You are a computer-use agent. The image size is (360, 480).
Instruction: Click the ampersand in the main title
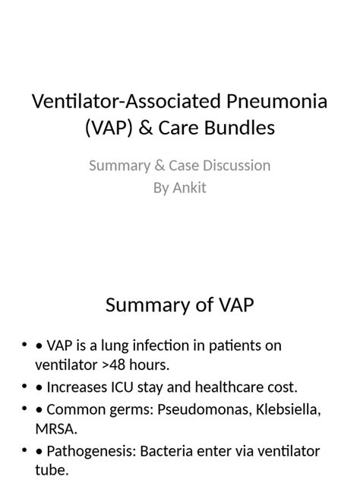158,128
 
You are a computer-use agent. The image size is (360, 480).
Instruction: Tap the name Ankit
189,187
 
